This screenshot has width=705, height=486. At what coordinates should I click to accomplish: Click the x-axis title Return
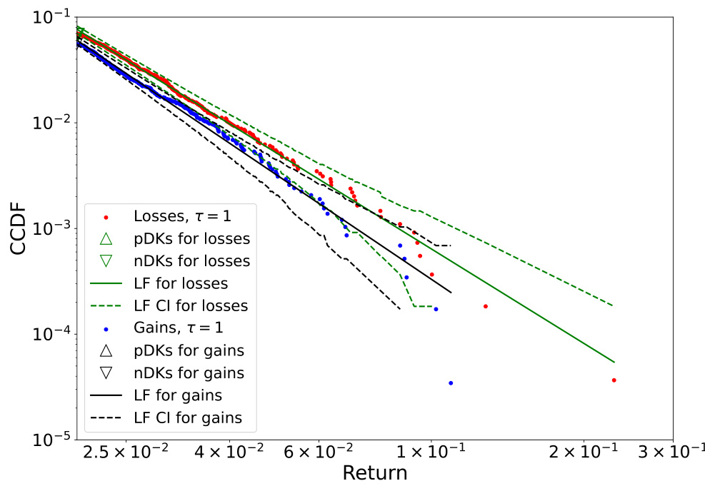click(374, 472)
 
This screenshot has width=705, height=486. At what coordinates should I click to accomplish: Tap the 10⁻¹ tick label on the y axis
click(49, 17)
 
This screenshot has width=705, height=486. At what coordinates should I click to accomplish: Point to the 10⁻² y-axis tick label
click(49, 123)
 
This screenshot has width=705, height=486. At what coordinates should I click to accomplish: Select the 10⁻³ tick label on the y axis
click(49, 228)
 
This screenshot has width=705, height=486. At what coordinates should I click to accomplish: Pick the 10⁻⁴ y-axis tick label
click(49, 334)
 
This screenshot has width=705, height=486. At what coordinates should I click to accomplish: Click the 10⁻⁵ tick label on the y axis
click(49, 440)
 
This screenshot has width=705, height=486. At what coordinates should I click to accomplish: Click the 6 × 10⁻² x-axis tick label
click(319, 453)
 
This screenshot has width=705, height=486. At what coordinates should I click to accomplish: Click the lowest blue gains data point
click(451, 383)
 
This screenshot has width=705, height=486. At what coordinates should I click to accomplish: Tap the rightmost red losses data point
click(614, 380)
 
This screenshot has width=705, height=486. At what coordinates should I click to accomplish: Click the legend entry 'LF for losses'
click(180, 283)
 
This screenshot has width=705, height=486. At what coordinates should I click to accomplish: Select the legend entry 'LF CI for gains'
click(188, 418)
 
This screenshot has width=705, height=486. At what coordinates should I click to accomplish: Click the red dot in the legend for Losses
click(106, 216)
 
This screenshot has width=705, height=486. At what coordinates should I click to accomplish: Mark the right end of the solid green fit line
click(614, 362)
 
